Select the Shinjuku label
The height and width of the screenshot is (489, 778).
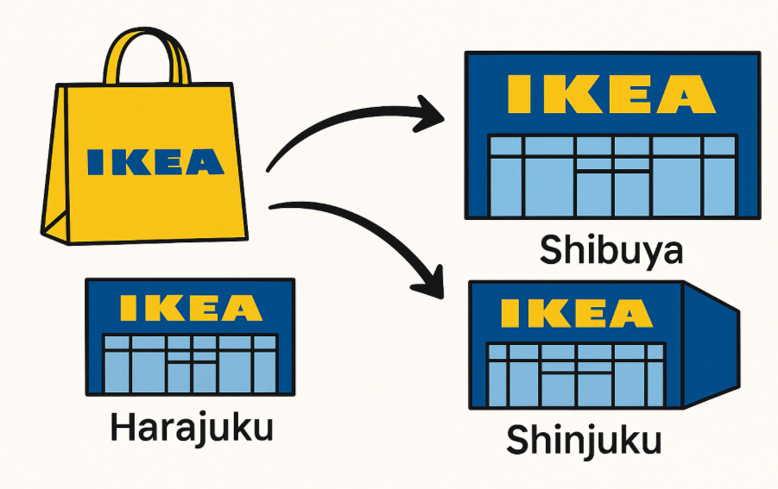pyautogui.click(x=584, y=440)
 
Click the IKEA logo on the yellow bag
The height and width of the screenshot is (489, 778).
pyautogui.click(x=155, y=161)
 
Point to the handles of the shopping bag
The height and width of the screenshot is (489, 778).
pyautogui.click(x=146, y=56)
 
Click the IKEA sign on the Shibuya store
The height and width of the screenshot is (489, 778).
pyautogui.click(x=611, y=94)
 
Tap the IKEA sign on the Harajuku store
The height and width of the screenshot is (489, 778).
pyautogui.click(x=190, y=308)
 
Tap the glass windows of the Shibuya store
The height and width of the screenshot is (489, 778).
pyautogui.click(x=611, y=176)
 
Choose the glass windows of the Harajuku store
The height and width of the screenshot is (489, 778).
pyautogui.click(x=191, y=362)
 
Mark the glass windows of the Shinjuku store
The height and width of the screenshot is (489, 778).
pyautogui.click(x=576, y=374)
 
